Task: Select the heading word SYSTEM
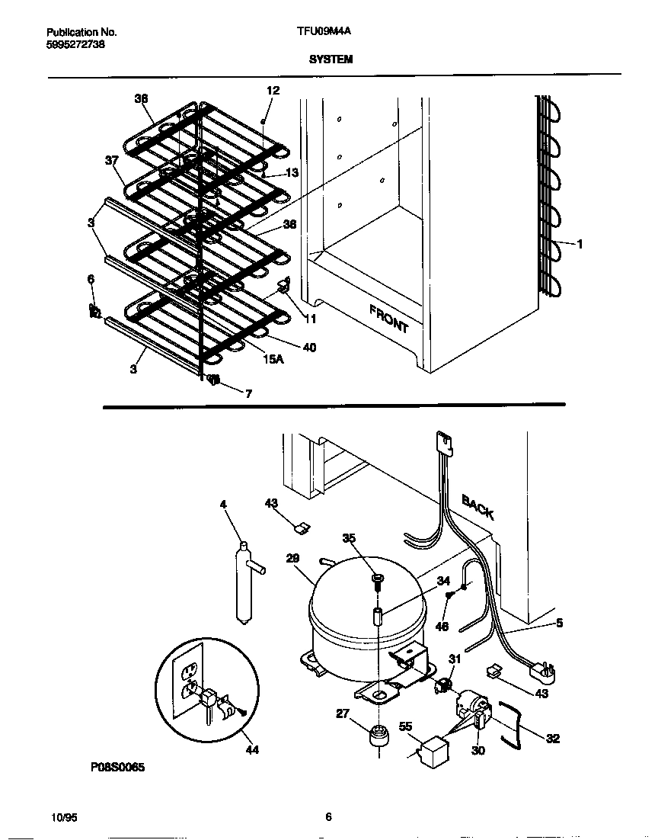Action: pyautogui.click(x=331, y=59)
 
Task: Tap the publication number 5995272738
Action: pyautogui.click(x=76, y=44)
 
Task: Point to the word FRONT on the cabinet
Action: pyautogui.click(x=389, y=318)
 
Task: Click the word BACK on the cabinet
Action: pyautogui.click(x=478, y=506)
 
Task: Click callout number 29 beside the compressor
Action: pyautogui.click(x=292, y=559)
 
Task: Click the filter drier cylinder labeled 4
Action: pyautogui.click(x=244, y=584)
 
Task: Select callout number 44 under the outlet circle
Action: pyautogui.click(x=252, y=750)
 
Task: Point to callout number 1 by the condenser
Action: pyautogui.click(x=580, y=245)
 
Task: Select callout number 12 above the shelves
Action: pyautogui.click(x=273, y=90)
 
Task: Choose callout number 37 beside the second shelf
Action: pyautogui.click(x=111, y=160)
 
